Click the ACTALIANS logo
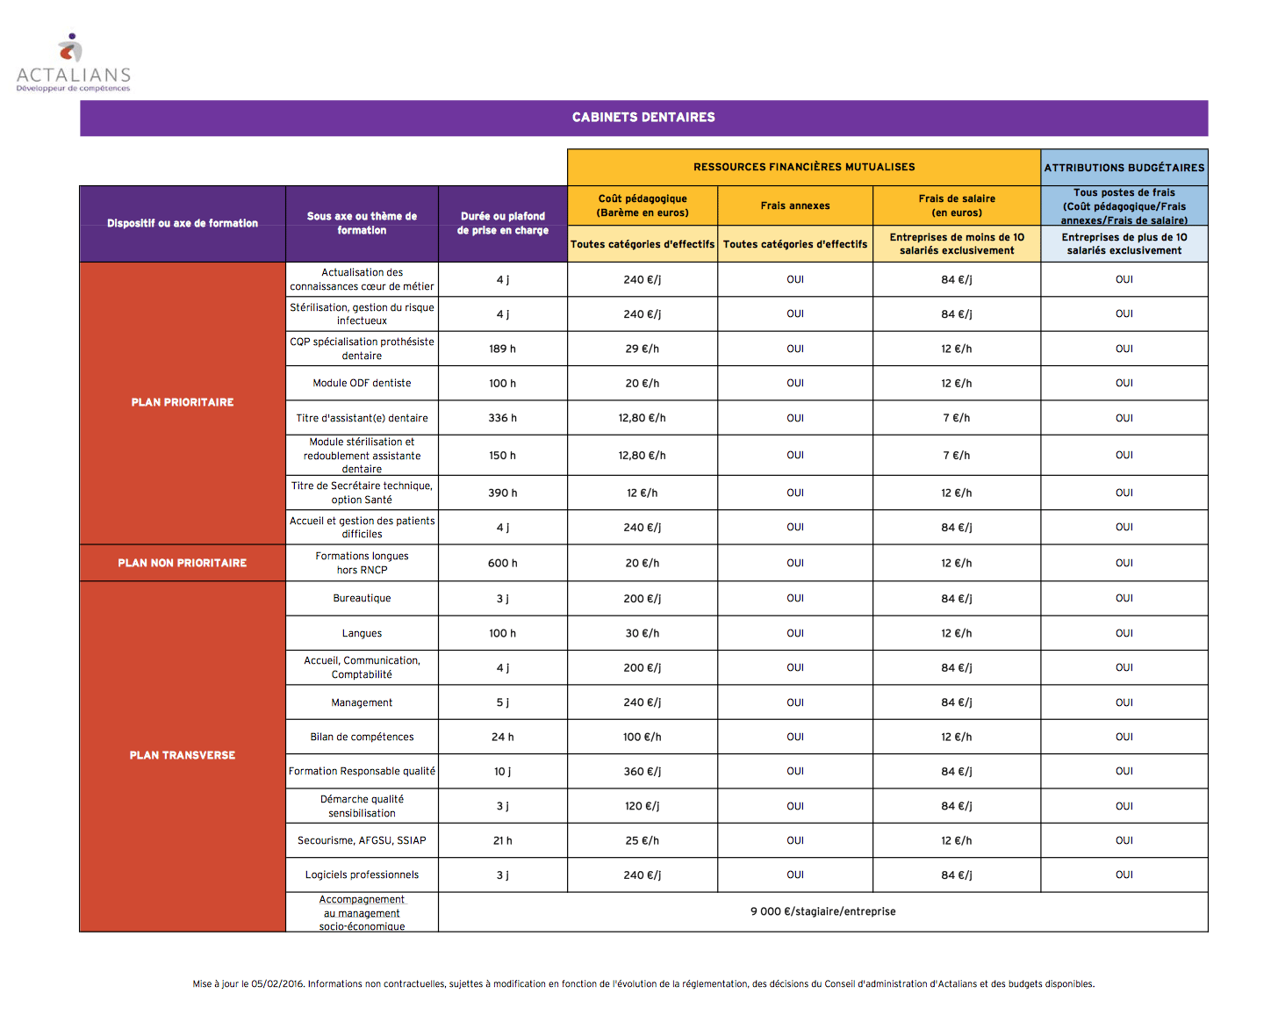pos(73,63)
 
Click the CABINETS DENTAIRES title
pos(643,117)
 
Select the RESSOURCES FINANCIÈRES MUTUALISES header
pos(803,167)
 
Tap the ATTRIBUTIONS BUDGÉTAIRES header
pos(1124,168)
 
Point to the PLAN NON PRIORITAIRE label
pos(182,563)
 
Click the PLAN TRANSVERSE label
pos(182,755)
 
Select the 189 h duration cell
pos(502,349)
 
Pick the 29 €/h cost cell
pos(642,349)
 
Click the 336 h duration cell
pos(502,418)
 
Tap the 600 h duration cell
pos(502,563)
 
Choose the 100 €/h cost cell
pos(642,737)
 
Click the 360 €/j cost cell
pos(642,772)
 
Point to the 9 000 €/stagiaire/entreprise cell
pos(822,911)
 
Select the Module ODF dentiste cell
pos(362,384)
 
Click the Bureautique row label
pos(362,599)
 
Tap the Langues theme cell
pos(362,633)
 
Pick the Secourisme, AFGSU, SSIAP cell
pos(362,840)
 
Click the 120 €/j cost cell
pos(642,806)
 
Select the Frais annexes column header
pos(794,205)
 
